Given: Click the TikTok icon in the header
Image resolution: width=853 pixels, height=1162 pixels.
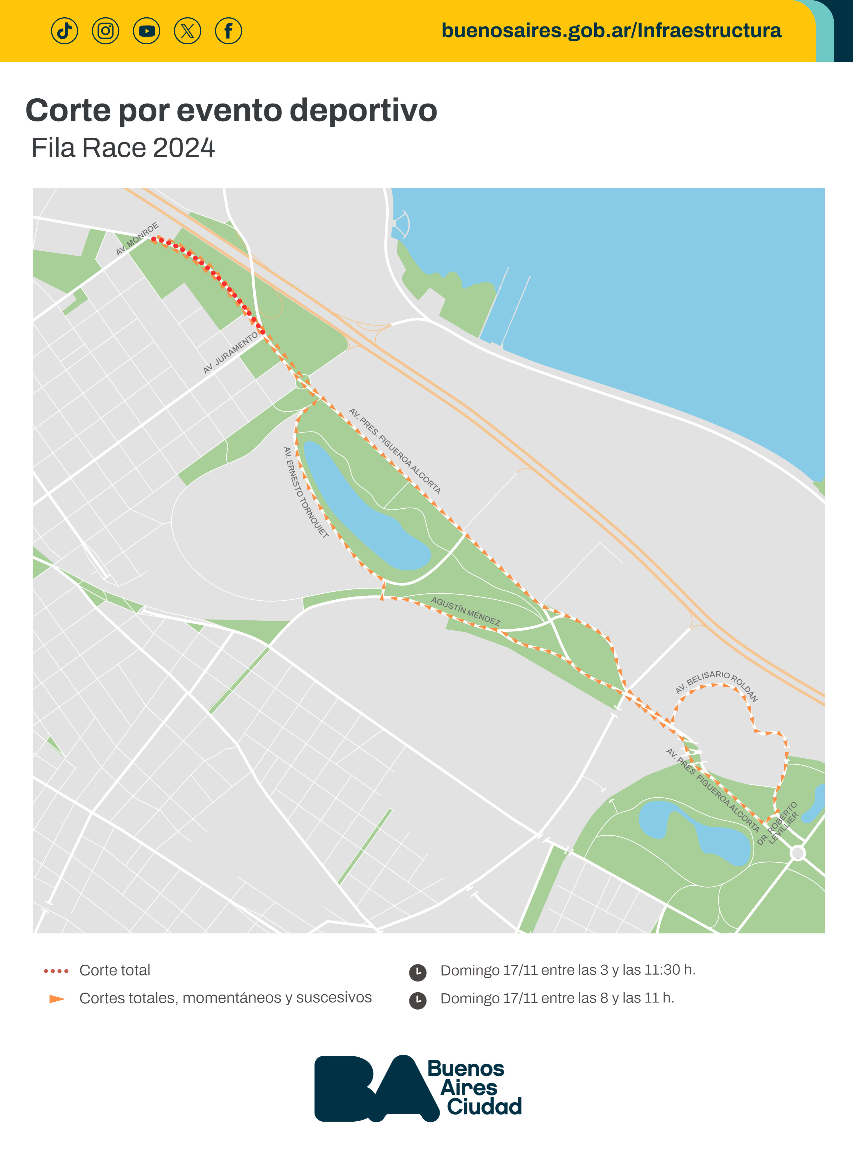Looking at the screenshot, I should [x=65, y=31].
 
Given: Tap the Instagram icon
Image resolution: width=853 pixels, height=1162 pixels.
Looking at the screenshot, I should [x=105, y=31].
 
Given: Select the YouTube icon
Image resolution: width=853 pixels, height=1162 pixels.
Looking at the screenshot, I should [x=147, y=31].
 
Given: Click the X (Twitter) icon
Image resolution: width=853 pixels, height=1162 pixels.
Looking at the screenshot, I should [x=187, y=31].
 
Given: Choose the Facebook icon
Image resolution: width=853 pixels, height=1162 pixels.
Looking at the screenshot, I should [x=228, y=31].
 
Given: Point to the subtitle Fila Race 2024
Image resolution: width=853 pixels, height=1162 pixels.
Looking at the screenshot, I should [x=123, y=148].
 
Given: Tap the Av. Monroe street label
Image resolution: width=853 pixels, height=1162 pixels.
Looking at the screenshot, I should [x=137, y=239].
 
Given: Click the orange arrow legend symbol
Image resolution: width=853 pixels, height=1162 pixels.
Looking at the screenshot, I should [x=57, y=999].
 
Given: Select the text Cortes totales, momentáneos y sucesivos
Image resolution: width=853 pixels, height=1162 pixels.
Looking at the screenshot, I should [x=226, y=998].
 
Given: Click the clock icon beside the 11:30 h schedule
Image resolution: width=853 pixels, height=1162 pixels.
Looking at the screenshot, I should [x=418, y=972].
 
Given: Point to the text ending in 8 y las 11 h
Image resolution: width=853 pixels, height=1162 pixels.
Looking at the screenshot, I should [x=557, y=998].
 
